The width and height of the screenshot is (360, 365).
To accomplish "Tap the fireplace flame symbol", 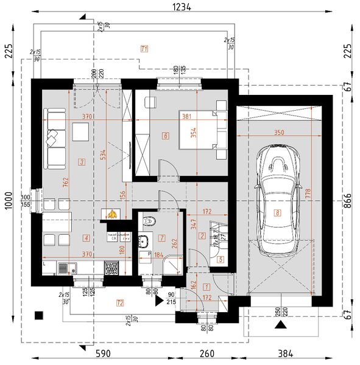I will point(112,214).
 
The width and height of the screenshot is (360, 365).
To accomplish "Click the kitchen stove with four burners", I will point(112,266).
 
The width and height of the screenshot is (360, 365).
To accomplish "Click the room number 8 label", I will point(278,212).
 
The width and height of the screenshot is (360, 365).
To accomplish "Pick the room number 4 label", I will point(87,238).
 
